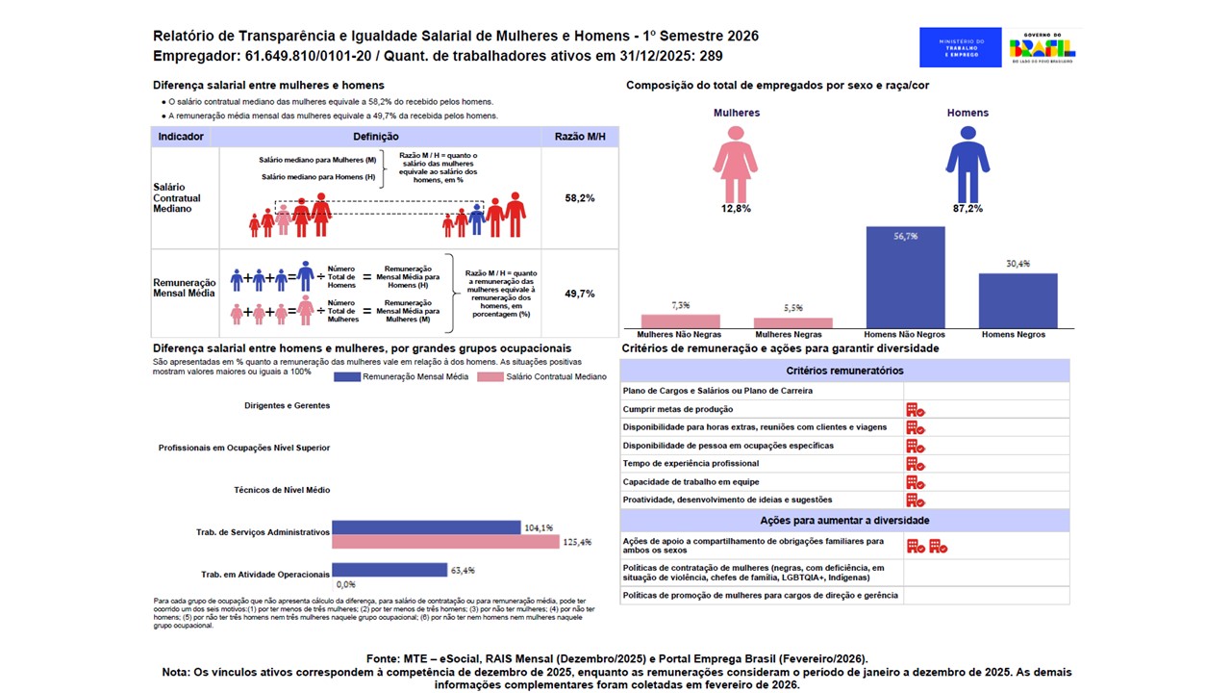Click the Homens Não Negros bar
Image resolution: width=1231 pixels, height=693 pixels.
pyautogui.click(x=905, y=277)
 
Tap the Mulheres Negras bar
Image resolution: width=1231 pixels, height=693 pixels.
pyautogui.click(x=792, y=322)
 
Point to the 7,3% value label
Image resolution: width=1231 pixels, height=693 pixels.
pyautogui.click(x=680, y=304)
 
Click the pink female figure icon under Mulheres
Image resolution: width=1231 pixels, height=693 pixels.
pyautogui.click(x=737, y=160)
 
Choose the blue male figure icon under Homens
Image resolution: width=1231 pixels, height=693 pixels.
pyautogui.click(x=967, y=160)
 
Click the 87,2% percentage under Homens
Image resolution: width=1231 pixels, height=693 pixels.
pyautogui.click(x=967, y=208)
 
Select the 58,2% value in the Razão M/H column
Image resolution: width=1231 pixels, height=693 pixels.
pyautogui.click(x=580, y=197)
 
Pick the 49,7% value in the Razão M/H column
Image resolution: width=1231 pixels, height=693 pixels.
pyautogui.click(x=580, y=294)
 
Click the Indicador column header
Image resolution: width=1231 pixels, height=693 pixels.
pyautogui.click(x=181, y=137)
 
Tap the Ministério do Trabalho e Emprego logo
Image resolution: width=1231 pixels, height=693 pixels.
pyautogui.click(x=960, y=47)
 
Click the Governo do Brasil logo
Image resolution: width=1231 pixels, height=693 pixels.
pyautogui.click(x=1042, y=47)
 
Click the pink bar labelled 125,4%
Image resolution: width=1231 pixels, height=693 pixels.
pyautogui.click(x=445, y=542)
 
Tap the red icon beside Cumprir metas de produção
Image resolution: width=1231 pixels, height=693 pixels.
pyautogui.click(x=915, y=409)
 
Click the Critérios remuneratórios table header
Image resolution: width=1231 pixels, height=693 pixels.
pyautogui.click(x=844, y=371)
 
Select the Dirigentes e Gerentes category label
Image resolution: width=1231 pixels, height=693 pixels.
pyautogui.click(x=288, y=405)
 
